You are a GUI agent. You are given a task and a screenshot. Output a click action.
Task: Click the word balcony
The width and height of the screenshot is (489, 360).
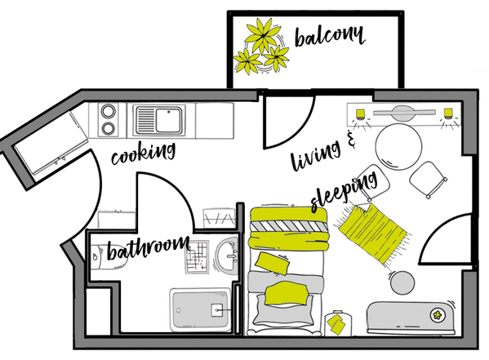330,36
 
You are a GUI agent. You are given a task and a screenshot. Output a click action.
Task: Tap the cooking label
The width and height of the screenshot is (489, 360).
144,153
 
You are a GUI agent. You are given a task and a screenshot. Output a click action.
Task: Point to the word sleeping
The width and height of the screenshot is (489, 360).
344,191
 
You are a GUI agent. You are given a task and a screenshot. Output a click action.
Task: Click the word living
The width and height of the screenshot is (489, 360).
315,154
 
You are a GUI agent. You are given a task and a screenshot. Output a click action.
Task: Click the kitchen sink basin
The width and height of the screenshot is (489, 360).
168,120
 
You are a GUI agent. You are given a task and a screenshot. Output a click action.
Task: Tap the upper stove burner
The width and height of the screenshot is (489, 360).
109,111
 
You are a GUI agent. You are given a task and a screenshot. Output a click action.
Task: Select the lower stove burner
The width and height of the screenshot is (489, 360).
109,128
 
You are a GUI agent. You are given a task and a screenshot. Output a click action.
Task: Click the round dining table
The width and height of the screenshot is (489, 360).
398,147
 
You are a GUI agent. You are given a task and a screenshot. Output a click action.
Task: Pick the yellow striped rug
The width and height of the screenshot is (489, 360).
374,233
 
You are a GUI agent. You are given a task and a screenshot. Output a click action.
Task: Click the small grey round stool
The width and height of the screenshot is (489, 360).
402,283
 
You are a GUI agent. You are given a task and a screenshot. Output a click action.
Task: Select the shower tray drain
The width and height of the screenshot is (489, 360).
216,310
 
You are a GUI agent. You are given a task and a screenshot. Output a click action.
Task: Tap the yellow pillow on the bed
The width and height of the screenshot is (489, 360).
287,293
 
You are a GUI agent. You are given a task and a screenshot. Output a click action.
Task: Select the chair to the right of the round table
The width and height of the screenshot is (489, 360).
428,179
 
